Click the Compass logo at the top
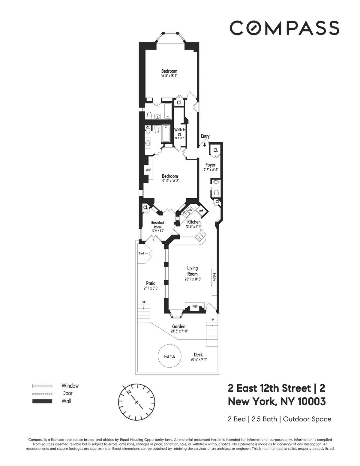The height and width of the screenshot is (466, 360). (284, 28)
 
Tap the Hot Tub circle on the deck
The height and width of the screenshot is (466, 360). (169, 356)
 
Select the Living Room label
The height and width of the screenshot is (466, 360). (192, 271)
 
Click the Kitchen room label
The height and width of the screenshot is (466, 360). (194, 222)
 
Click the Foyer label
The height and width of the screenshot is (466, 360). (210, 165)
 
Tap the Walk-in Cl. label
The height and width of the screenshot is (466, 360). (179, 132)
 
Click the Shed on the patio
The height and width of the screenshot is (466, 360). (141, 254)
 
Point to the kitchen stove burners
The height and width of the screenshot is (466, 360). (199, 236)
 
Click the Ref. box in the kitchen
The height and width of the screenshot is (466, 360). (201, 211)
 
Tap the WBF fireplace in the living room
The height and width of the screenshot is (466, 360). (195, 306)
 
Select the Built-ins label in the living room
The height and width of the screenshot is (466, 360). (214, 277)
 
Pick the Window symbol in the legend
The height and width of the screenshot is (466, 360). (42, 386)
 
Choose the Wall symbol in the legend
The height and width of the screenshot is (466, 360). (42, 401)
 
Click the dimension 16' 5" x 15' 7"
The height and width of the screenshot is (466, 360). (169, 76)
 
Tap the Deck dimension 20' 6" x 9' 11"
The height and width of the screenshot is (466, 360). (199, 359)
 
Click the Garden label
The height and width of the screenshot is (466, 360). (178, 326)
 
